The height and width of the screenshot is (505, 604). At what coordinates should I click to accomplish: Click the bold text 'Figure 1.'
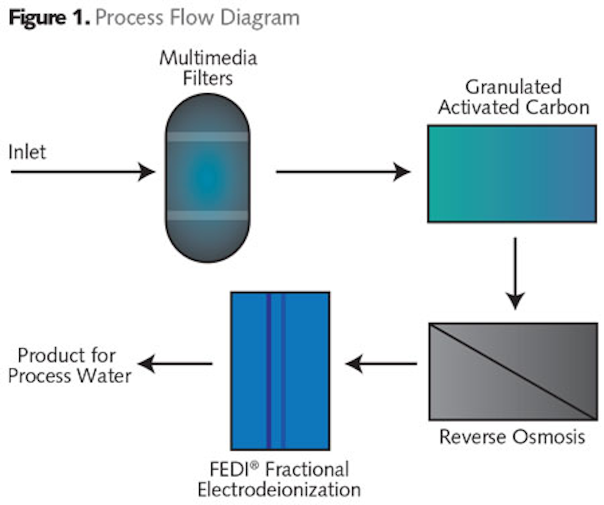(x=49, y=18)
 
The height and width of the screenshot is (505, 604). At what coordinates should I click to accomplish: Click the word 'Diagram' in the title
(x=260, y=18)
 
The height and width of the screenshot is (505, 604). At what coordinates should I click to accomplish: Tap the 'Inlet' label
(x=27, y=152)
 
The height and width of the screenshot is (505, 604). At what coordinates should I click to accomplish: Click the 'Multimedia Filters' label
(x=208, y=68)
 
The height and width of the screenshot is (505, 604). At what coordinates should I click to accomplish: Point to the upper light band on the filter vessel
(x=208, y=137)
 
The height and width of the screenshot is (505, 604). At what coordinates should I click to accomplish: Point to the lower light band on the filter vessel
(x=208, y=216)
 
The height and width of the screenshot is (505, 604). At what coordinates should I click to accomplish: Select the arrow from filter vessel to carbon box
(x=342, y=172)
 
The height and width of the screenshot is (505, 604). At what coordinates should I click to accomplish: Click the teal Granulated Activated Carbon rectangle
(x=512, y=174)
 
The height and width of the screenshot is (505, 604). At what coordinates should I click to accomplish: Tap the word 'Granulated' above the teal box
(x=513, y=87)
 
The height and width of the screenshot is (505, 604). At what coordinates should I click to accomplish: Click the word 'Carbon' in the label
(x=557, y=107)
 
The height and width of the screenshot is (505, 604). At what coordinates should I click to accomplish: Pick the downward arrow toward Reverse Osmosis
(x=515, y=273)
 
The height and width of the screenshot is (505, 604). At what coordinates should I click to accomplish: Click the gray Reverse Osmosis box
(x=513, y=372)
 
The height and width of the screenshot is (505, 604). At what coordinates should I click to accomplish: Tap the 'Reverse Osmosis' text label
(x=512, y=437)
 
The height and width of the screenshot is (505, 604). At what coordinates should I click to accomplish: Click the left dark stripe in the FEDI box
(x=269, y=371)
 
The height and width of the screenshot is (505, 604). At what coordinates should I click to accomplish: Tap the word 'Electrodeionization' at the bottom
(x=279, y=489)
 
